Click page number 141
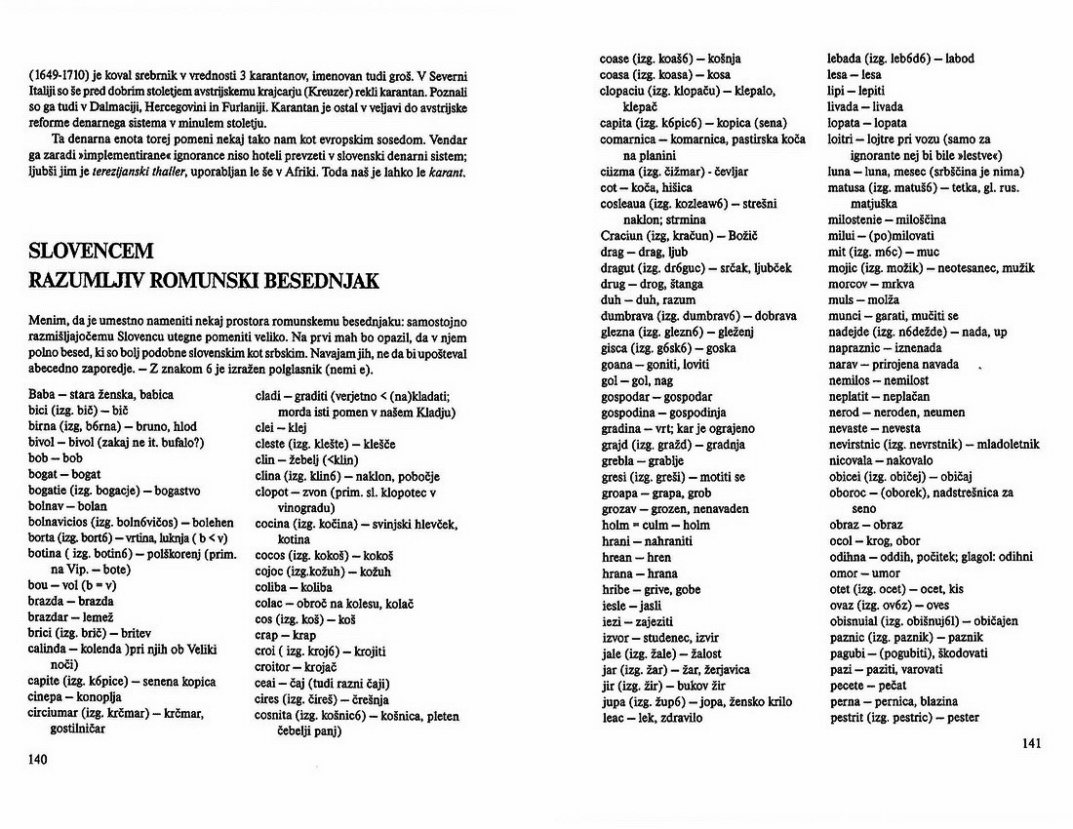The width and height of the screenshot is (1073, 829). (1032, 743)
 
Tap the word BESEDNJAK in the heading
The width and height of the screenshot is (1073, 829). (316, 282)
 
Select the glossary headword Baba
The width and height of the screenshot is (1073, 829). (42, 394)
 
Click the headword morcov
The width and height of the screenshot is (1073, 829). (850, 284)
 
